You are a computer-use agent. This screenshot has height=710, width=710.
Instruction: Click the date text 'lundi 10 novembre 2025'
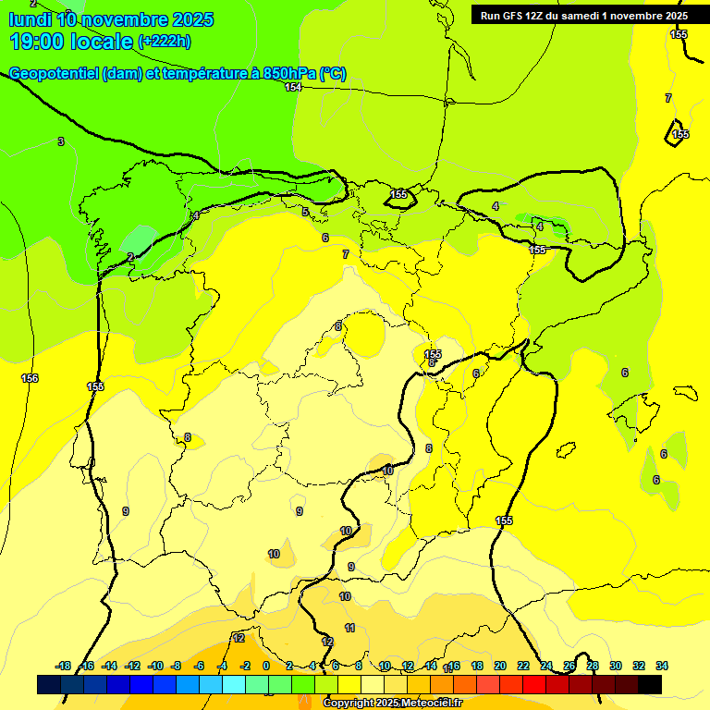coord(111,19)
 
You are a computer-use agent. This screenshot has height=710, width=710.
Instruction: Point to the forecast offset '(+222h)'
coord(165,42)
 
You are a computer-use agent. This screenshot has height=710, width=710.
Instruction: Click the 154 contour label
coord(293,87)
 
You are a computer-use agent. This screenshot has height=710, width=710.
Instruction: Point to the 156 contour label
coord(30,378)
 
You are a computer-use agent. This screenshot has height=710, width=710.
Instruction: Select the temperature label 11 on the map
coord(349,628)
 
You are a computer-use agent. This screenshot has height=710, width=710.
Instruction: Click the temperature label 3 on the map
coord(61,141)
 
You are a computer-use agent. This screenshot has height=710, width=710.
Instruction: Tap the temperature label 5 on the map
coord(305,212)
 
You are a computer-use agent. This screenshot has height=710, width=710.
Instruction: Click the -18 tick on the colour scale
coord(64,666)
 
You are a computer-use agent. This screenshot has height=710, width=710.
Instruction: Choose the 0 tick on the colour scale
coord(266,666)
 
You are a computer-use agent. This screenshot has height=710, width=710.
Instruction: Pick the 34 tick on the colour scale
coord(661,666)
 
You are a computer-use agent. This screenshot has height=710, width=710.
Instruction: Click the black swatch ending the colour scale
coord(650,684)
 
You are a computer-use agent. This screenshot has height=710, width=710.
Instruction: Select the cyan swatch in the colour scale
coord(234,684)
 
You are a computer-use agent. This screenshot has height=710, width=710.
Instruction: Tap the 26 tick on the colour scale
coord(569,666)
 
